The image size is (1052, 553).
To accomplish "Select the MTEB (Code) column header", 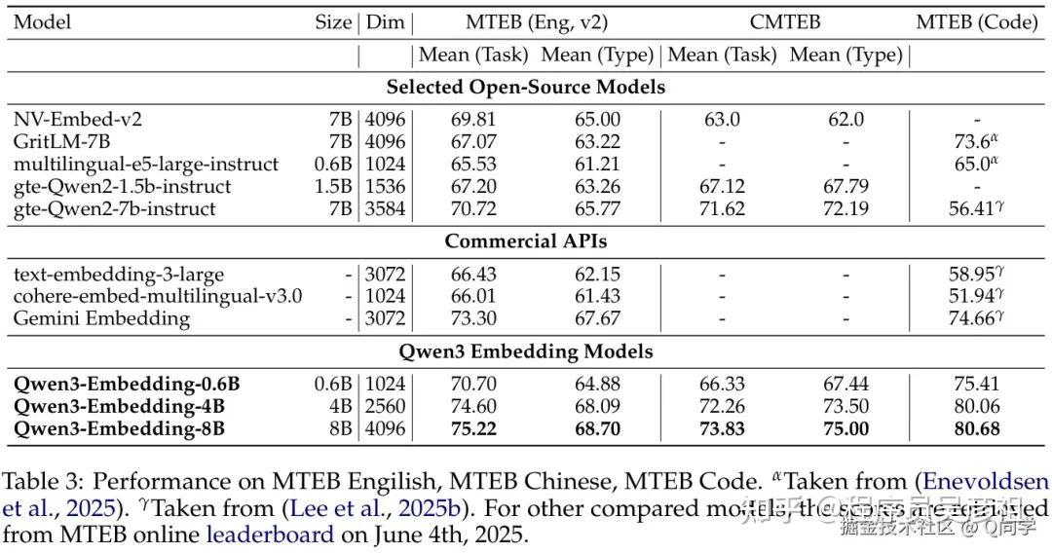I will tap(977, 21).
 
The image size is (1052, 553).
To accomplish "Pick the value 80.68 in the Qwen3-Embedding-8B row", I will tap(977, 428).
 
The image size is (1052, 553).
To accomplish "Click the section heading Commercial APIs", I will tap(526, 240).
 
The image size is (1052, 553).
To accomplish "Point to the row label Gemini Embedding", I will tap(101, 318).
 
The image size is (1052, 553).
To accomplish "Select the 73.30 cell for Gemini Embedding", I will tap(470, 318).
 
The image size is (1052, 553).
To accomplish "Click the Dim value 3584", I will tap(385, 208).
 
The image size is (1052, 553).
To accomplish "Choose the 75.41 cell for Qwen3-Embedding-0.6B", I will tap(977, 385).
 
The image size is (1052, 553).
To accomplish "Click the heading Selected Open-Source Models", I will tap(526, 87).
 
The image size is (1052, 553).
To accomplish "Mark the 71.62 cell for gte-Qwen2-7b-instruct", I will tap(722, 208).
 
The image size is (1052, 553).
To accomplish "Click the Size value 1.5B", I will tap(334, 186).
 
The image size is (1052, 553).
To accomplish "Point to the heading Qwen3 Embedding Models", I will tap(526, 350).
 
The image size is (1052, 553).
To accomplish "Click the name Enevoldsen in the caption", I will tap(986, 482).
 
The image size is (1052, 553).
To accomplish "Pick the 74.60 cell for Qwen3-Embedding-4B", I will tap(470, 406).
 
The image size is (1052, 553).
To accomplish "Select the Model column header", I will tap(43, 21).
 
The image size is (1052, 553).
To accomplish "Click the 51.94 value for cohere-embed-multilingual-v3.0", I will tap(972, 296).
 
